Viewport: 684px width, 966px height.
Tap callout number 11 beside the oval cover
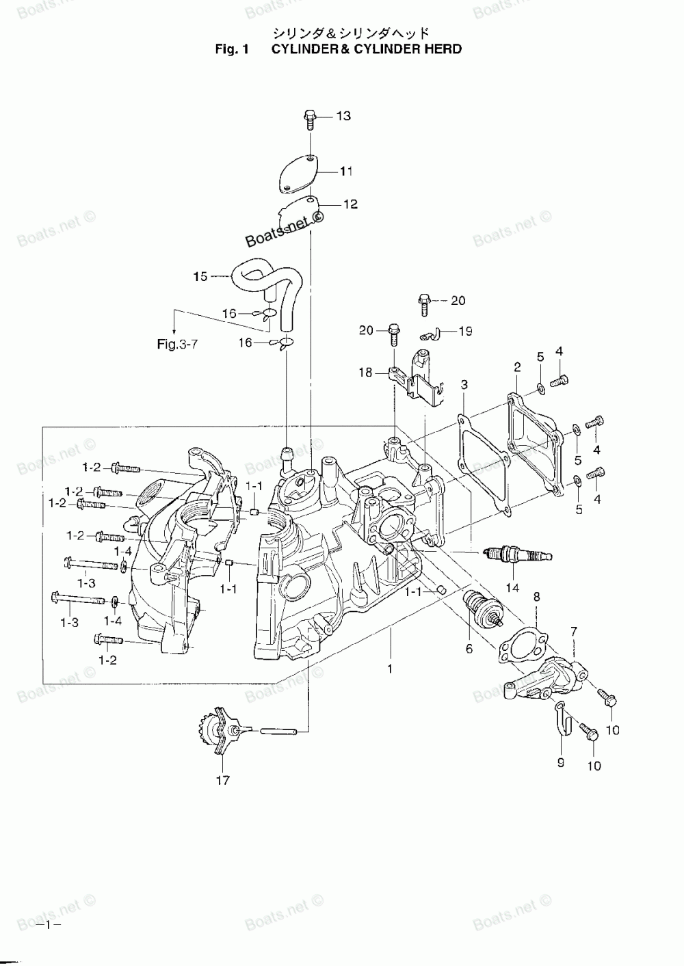[347, 171]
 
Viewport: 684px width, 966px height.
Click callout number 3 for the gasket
[464, 385]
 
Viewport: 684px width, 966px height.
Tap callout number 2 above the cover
[518, 367]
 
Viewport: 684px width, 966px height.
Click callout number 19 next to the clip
[465, 331]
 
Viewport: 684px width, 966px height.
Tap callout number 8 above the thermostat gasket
[537, 597]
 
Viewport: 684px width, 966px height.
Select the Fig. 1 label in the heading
[233, 49]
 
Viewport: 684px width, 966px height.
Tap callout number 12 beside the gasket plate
[350, 204]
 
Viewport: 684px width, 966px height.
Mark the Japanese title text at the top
[351, 32]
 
